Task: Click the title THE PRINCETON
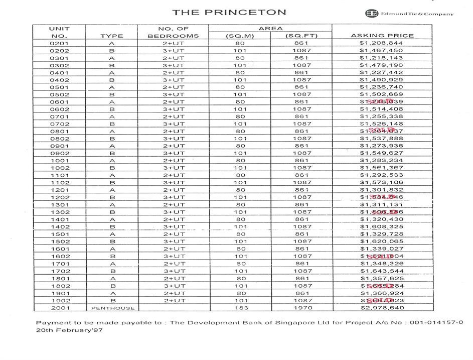229,12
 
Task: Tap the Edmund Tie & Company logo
409,14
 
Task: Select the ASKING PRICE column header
382,36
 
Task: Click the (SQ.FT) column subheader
301,36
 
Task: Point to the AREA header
270,29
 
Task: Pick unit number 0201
60,43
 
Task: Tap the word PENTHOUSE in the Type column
111,308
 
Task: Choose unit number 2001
60,308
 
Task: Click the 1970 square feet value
301,308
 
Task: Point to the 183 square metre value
241,308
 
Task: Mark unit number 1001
60,161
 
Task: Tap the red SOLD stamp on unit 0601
380,101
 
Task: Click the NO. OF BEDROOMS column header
173,32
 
